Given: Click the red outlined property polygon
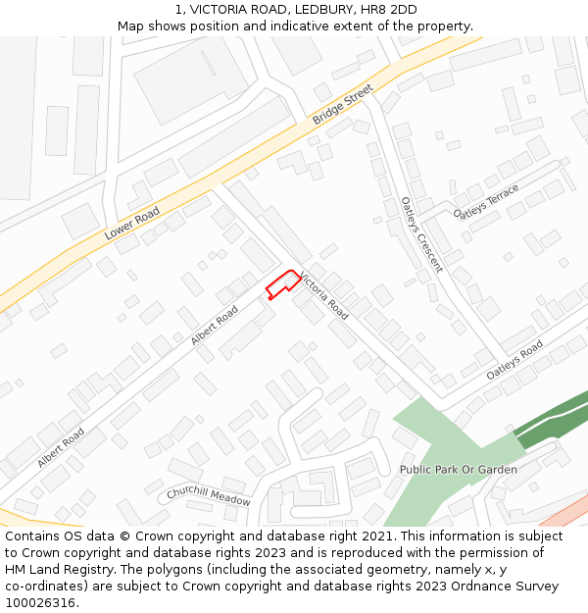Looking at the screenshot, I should point(282,284).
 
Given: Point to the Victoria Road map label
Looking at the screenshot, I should point(324,295).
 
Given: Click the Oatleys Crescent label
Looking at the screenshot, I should point(421,234).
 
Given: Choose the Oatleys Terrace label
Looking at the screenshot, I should point(486,201).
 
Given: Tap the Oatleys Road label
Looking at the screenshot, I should point(514,361).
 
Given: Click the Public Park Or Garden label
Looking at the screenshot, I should point(458,470).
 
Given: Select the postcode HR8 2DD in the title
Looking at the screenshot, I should point(390,9).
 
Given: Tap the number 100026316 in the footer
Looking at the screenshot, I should point(40,603).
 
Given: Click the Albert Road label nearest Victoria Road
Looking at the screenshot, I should point(215,325).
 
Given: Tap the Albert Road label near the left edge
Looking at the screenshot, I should point(61,446).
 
